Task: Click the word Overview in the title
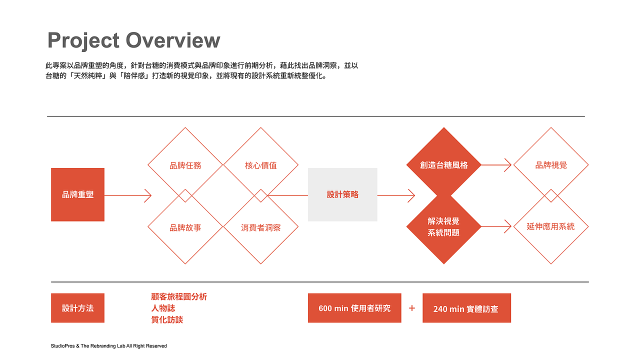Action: [173, 40]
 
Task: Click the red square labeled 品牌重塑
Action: [77, 194]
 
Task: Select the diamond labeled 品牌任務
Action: [185, 165]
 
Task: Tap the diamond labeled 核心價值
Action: [260, 165]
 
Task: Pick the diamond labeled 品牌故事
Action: [185, 226]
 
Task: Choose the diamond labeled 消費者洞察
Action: [260, 226]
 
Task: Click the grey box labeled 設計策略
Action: [342, 194]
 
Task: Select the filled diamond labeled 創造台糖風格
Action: [443, 165]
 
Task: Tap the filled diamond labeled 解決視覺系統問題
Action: [443, 226]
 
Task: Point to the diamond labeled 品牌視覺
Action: [551, 165]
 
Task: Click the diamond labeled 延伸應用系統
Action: [551, 226]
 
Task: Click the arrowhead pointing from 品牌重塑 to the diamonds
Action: [147, 195]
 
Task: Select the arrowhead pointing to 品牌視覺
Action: [507, 165]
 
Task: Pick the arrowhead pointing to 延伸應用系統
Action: [507, 226]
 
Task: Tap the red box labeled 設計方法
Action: [77, 308]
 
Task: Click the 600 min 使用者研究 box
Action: [354, 308]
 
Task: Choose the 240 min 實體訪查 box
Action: [467, 308]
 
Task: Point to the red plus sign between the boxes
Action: [411, 308]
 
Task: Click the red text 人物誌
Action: [163, 308]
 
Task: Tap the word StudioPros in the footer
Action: [63, 346]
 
